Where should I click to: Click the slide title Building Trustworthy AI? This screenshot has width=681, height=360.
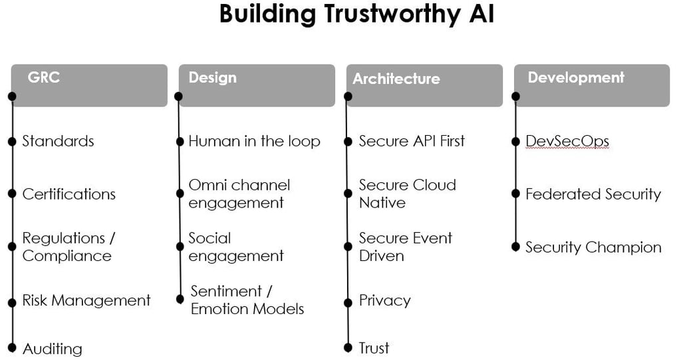(356, 15)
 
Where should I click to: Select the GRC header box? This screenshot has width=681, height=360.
(89, 85)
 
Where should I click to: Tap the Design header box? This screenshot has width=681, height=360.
(257, 85)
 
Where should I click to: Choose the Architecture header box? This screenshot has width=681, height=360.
(424, 85)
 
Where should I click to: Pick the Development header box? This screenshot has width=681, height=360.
(592, 85)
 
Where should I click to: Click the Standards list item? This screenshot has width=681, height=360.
(58, 141)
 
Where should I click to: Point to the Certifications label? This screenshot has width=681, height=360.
(68, 194)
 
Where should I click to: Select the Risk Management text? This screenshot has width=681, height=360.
(86, 301)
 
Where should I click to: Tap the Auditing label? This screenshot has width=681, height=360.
(53, 349)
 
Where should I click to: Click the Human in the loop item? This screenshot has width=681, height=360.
(254, 141)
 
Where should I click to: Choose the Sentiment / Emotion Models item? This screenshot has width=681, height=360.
(247, 300)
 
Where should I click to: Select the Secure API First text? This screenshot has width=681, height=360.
(412, 141)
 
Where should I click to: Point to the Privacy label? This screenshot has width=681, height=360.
(384, 301)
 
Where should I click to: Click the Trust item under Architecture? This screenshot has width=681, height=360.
(374, 348)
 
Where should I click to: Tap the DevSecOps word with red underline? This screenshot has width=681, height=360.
(567, 141)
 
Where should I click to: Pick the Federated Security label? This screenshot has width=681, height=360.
(593, 194)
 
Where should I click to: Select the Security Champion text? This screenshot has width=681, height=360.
(593, 248)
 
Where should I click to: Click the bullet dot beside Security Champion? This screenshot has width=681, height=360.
(515, 247)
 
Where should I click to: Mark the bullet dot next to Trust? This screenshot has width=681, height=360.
(348, 347)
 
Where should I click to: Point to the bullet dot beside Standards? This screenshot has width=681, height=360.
(12, 141)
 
